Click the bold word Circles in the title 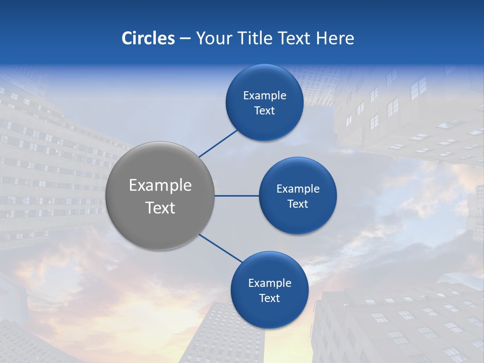pyautogui.click(x=148, y=38)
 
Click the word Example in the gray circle pyautogui.click(x=160, y=186)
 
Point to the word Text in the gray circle pyautogui.click(x=160, y=208)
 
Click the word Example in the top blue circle pyautogui.click(x=265, y=96)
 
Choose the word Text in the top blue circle pyautogui.click(x=264, y=111)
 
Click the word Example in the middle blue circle pyautogui.click(x=298, y=189)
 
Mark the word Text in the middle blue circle pyautogui.click(x=297, y=204)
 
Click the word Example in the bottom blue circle pyautogui.click(x=270, y=283)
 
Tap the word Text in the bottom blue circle pyautogui.click(x=269, y=298)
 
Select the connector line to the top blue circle pyautogui.click(x=218, y=143)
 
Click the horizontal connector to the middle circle pyautogui.click(x=237, y=196)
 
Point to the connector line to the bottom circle pyautogui.click(x=221, y=248)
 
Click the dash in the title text pyautogui.click(x=185, y=39)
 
